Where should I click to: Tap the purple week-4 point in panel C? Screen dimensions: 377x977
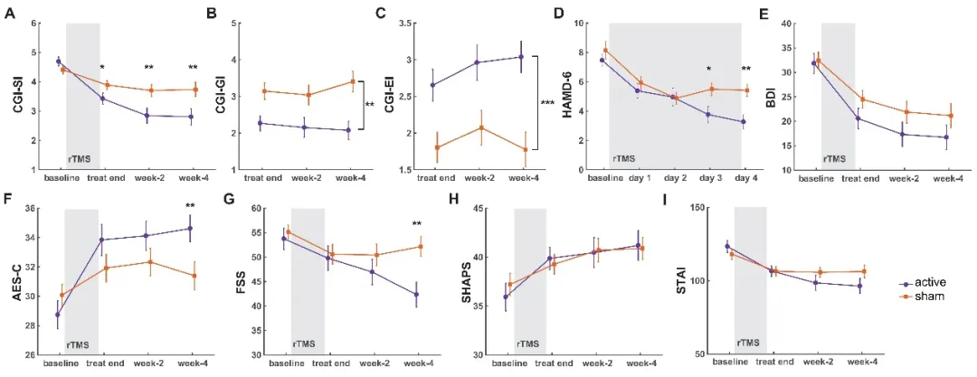point(522,57)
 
